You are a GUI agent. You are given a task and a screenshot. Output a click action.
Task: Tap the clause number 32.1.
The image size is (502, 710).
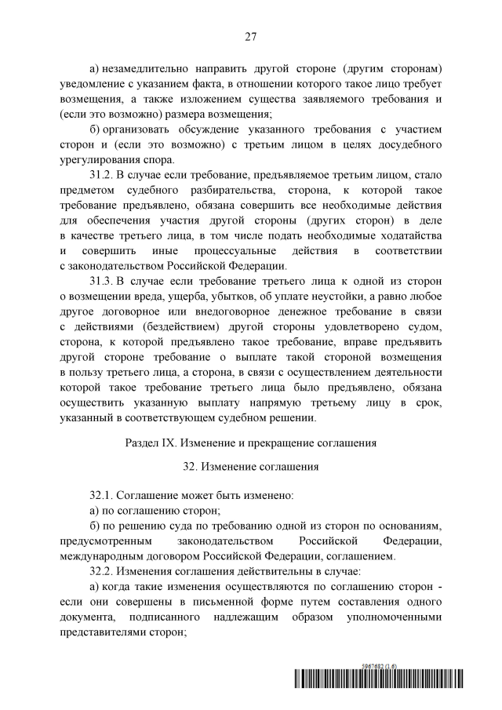point(104,496)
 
